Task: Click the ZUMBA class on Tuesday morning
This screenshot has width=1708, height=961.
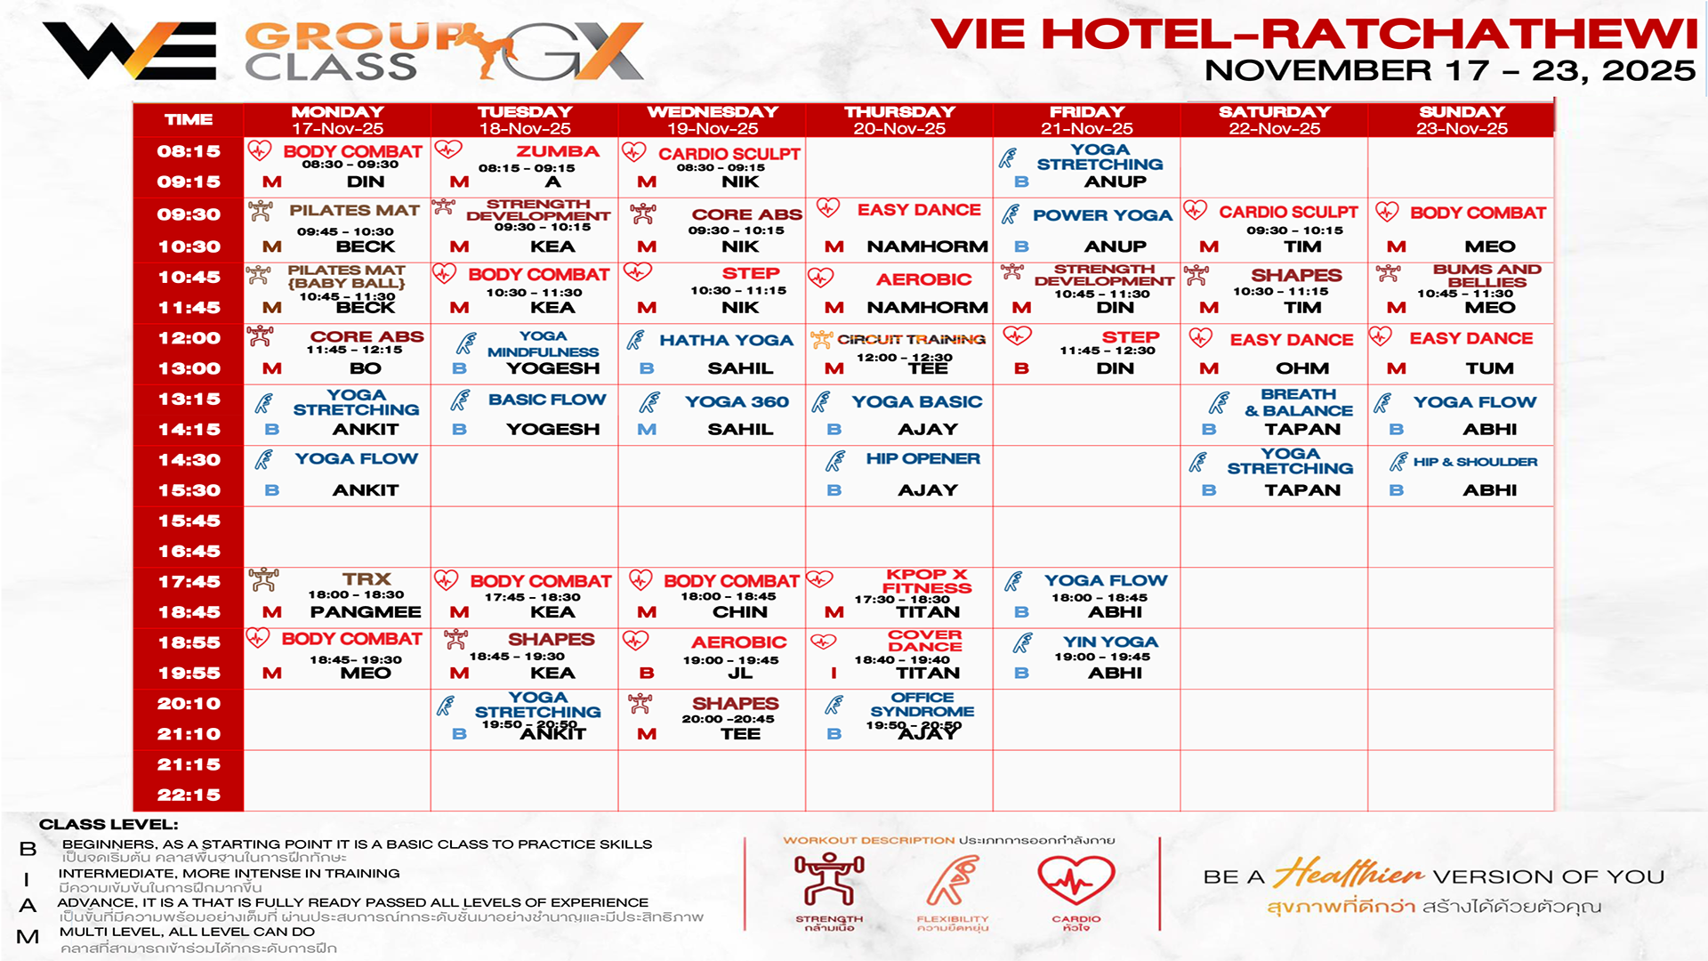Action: (557, 152)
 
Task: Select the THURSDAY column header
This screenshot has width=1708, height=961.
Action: (899, 112)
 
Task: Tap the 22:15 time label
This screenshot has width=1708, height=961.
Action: (189, 795)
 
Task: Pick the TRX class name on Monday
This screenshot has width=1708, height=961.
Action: (367, 579)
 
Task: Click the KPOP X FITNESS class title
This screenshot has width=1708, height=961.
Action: (926, 581)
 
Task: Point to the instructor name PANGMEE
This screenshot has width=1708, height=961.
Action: (366, 612)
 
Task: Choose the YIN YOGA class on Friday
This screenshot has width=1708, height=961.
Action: (1110, 642)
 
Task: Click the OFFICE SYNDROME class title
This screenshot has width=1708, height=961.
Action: (922, 705)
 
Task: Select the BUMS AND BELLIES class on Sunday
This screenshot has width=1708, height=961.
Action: (1486, 276)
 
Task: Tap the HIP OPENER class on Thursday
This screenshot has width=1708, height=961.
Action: (922, 459)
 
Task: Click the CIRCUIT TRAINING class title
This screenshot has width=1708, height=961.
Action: (911, 339)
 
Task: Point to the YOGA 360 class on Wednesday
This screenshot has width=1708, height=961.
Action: (737, 402)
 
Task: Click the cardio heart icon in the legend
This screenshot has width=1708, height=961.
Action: (1076, 881)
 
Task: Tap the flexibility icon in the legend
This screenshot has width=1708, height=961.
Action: (953, 881)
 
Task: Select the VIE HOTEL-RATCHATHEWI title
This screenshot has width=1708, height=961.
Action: (1314, 35)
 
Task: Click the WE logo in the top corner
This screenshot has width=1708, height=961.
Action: (130, 51)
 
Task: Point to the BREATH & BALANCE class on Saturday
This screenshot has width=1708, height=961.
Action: (1299, 402)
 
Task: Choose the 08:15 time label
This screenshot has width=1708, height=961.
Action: (189, 151)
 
